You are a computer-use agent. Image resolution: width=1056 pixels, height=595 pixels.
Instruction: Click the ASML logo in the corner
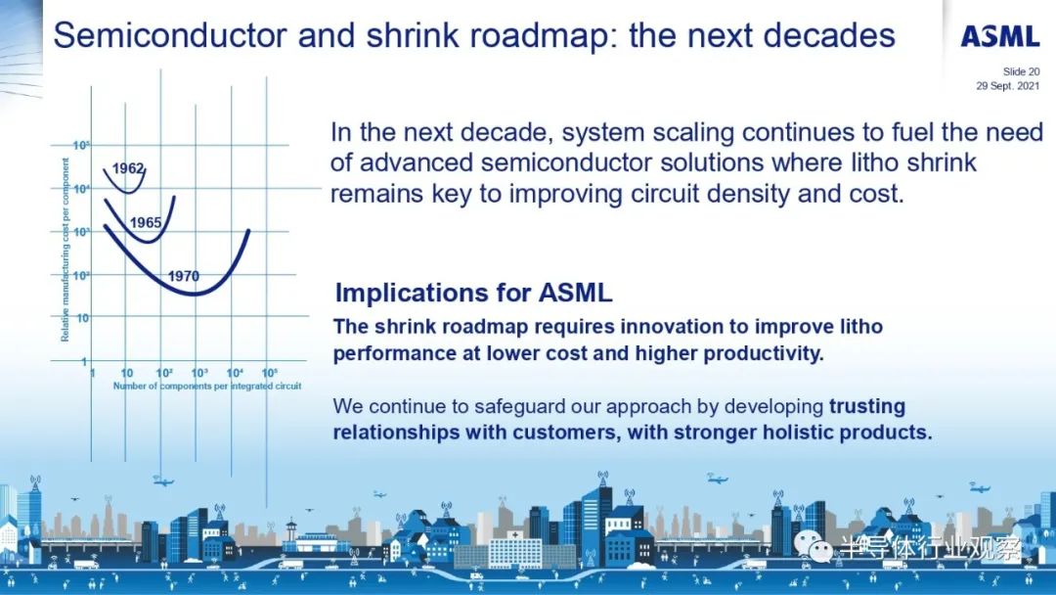coord(1000,36)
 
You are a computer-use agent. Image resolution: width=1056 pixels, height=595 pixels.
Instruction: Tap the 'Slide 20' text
coord(1021,71)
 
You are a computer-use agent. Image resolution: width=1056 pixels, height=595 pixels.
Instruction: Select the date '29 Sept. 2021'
coord(1008,85)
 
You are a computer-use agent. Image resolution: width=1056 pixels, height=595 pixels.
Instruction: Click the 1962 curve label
coord(128,168)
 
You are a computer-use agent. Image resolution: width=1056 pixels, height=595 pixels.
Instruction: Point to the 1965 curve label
coord(146,222)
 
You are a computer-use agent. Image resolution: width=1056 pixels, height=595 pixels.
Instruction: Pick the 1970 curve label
coord(183,276)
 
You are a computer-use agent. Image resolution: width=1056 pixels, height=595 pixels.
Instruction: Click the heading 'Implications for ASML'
coord(473,294)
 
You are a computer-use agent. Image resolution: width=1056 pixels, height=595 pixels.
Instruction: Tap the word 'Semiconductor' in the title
coord(170,35)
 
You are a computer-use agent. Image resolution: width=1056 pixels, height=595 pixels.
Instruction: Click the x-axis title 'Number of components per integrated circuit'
coord(206,387)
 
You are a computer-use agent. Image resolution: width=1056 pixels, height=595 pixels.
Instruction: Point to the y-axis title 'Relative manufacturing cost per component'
coord(66,250)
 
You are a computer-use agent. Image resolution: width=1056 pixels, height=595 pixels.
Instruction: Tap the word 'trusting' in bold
coord(866,406)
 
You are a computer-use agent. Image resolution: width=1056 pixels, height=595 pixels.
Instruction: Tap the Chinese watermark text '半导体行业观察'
coord(931,549)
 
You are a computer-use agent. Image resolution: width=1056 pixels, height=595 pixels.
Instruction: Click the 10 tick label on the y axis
coord(82,317)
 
